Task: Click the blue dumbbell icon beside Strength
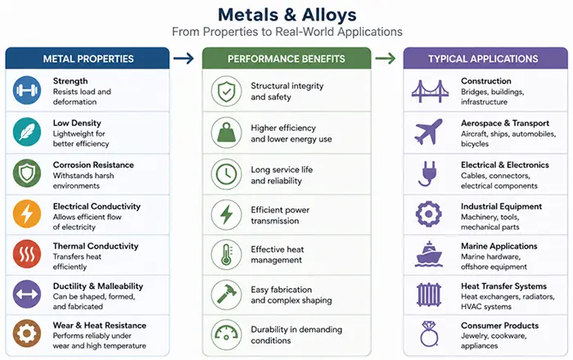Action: click(x=27, y=90)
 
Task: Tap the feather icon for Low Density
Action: click(x=27, y=132)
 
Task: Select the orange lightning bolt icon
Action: click(x=27, y=214)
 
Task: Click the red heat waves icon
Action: click(x=27, y=254)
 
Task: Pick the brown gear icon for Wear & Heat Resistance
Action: click(x=27, y=333)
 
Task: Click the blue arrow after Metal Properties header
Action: click(x=183, y=58)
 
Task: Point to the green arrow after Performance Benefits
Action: click(x=386, y=58)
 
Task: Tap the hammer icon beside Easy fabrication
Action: click(x=227, y=294)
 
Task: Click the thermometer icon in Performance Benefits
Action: click(x=227, y=254)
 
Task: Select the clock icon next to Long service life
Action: click(x=227, y=173)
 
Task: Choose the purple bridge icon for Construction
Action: click(x=430, y=91)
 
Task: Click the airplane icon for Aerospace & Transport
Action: click(x=429, y=132)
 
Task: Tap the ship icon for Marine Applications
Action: click(x=429, y=254)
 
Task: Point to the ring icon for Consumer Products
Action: click(x=429, y=333)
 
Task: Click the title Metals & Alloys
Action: click(x=287, y=15)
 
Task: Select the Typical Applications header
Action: click(x=483, y=59)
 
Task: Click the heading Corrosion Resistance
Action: click(x=93, y=164)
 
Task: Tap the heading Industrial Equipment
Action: click(x=501, y=206)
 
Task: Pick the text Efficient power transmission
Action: click(x=280, y=215)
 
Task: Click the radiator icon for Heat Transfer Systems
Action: click(x=429, y=295)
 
